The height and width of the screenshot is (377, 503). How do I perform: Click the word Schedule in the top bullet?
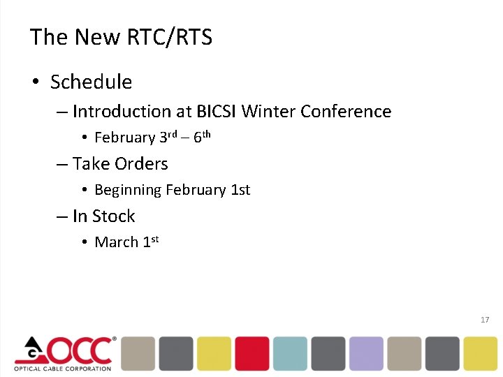point(91,82)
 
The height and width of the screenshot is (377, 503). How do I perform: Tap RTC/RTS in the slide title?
point(170,37)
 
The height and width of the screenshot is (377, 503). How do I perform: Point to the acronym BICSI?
point(216,112)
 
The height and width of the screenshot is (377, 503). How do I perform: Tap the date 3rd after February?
point(168,137)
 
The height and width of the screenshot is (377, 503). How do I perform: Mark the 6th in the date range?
point(202,137)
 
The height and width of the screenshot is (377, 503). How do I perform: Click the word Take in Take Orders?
point(90,164)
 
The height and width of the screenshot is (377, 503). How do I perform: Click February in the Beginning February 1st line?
point(194,190)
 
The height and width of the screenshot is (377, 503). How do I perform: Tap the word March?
point(116,242)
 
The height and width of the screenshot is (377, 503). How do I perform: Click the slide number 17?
point(485,320)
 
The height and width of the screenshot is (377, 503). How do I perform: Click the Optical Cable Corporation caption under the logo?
point(62,368)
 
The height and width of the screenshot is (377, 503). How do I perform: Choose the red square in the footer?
point(251,353)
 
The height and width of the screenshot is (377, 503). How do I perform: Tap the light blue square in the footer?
point(290,353)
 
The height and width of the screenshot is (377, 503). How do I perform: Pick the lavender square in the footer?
point(366,353)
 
